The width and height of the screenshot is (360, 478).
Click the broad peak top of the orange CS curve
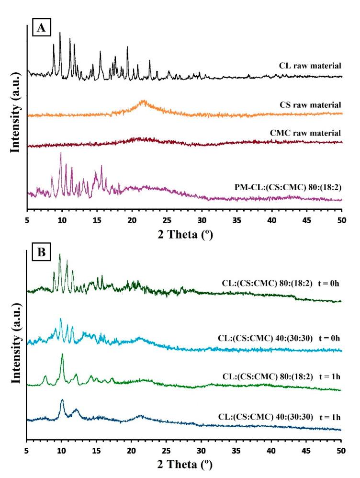[x=143, y=101]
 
